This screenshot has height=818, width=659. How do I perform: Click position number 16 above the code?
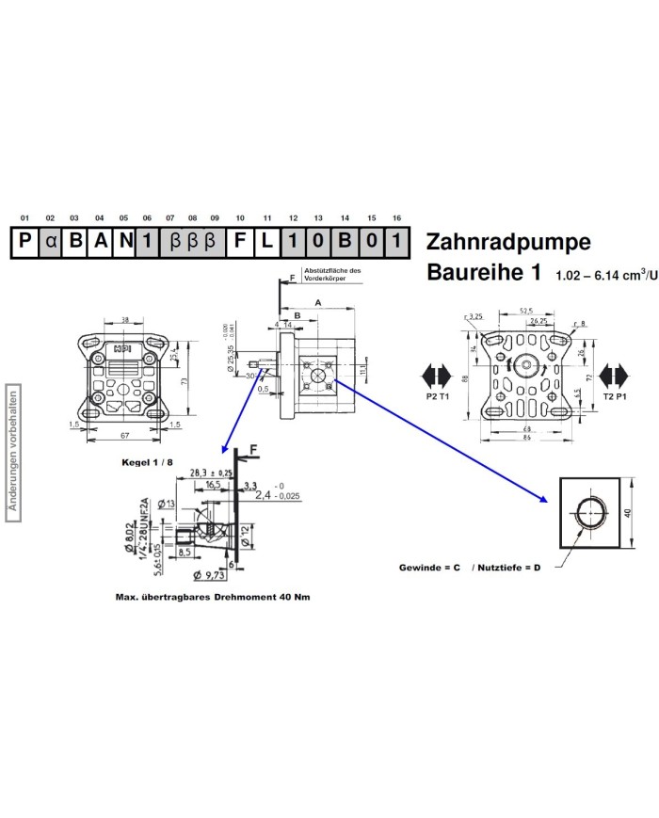tap(396, 217)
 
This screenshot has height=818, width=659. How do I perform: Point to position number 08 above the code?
tap(192, 217)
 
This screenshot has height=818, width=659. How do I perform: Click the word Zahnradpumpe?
tap(508, 242)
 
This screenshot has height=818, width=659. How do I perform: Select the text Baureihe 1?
tap(484, 274)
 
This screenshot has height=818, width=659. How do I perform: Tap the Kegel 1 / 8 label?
tap(148, 463)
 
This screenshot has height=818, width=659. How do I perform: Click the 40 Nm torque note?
tap(212, 597)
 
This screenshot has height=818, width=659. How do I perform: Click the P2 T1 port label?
tap(438, 398)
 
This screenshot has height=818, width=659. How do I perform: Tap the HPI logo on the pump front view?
tap(122, 347)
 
